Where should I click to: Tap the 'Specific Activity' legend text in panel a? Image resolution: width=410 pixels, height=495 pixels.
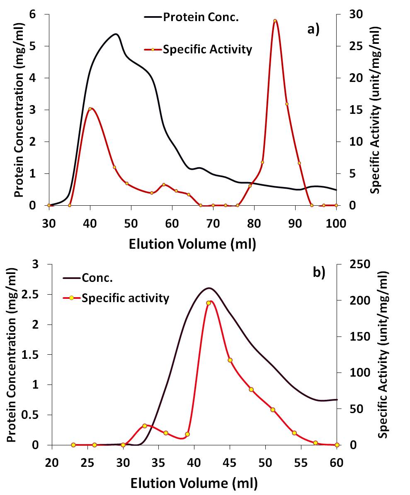click(x=207, y=50)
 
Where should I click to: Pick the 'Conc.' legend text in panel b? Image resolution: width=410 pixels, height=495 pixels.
click(x=97, y=278)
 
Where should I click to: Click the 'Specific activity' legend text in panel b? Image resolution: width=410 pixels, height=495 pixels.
click(x=125, y=298)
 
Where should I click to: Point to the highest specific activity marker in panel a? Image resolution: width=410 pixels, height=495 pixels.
click(x=275, y=21)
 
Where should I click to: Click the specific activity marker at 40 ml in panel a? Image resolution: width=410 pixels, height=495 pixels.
click(x=90, y=109)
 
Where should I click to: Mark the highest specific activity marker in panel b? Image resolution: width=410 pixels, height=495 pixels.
click(x=209, y=303)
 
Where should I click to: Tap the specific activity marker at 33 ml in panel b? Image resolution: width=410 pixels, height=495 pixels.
click(x=145, y=426)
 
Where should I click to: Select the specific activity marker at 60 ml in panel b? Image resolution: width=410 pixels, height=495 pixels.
click(x=337, y=445)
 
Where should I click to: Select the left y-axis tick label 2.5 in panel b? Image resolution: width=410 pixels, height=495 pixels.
click(x=37, y=294)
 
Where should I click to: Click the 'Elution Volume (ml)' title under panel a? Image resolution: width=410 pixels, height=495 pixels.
click(x=192, y=244)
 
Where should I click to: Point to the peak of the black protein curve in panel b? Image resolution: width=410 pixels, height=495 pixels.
click(x=209, y=288)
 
